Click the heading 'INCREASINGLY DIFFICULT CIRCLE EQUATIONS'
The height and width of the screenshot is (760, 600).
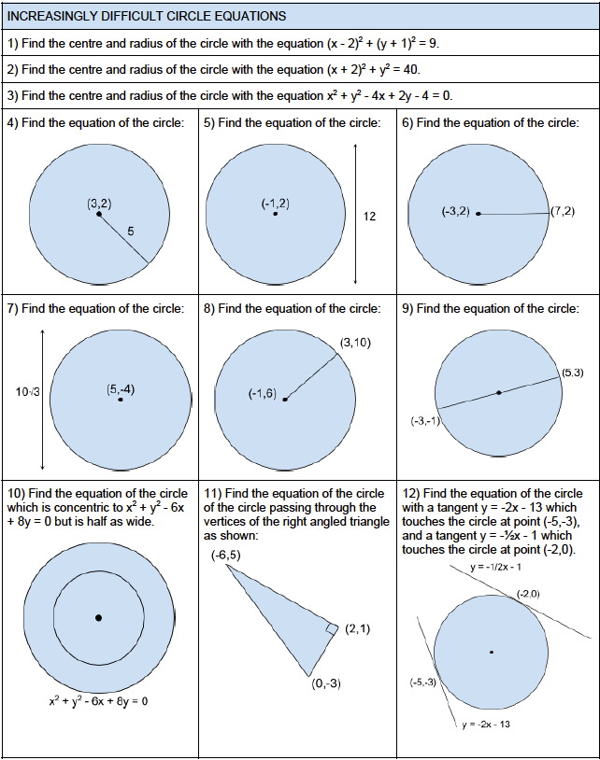(x=147, y=17)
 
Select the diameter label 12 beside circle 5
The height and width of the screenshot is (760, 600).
(x=369, y=217)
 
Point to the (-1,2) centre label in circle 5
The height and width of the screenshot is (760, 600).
(x=276, y=203)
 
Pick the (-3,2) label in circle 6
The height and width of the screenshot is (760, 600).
(x=455, y=213)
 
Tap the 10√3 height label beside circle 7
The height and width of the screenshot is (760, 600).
(x=26, y=393)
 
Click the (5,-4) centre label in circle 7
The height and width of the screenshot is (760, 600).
(x=121, y=389)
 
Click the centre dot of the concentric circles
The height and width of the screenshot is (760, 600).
(x=98, y=617)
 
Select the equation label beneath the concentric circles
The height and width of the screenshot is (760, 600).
(x=98, y=700)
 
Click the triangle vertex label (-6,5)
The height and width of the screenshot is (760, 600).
(x=226, y=556)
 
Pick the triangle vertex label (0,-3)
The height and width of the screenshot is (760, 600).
(x=326, y=683)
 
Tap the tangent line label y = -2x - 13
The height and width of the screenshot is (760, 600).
(x=485, y=725)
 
